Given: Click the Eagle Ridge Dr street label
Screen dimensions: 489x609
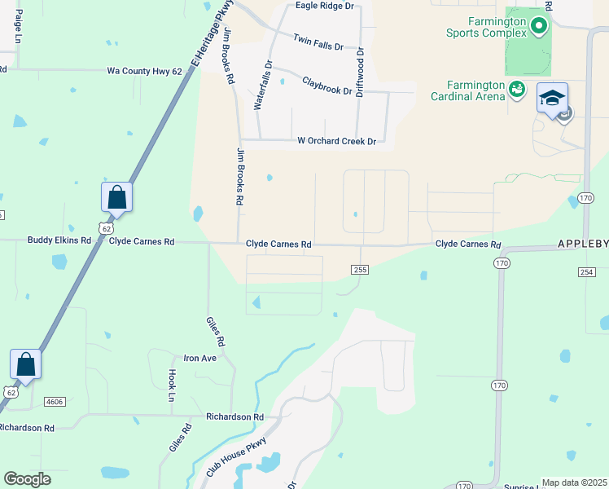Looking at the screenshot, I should point(325,6).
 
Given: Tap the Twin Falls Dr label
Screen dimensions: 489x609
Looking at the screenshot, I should point(318,42).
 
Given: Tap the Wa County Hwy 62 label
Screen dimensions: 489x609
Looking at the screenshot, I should point(144,72).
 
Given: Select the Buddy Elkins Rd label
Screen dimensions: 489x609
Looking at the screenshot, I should point(59,240).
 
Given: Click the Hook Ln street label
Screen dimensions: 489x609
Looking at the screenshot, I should point(172,385).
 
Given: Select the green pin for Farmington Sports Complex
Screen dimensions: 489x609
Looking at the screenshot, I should point(538,28).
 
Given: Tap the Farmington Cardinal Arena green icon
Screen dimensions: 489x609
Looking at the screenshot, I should point(515,88).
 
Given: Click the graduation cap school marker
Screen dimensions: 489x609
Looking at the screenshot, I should point(552,99).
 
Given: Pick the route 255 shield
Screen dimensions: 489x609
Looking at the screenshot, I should point(361,270).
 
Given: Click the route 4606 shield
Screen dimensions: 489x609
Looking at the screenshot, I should point(55,402).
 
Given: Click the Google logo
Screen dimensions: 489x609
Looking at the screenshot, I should point(27,479).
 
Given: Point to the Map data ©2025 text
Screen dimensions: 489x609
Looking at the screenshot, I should point(573,482).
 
